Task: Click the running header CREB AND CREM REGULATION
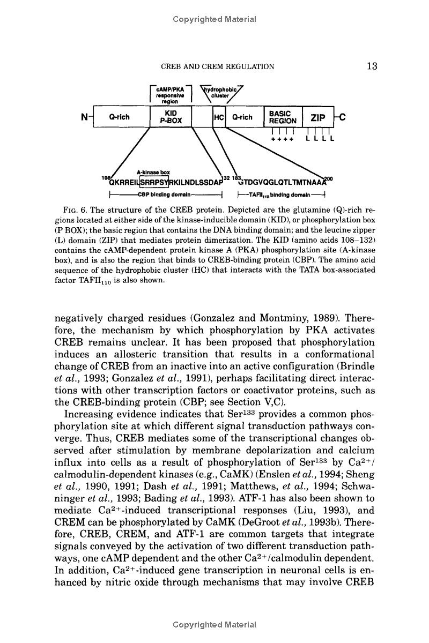pos(218,67)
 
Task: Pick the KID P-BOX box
pos(171,117)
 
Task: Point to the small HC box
pos(218,117)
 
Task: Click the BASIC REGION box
pos(282,117)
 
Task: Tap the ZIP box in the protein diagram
pos(316,117)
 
